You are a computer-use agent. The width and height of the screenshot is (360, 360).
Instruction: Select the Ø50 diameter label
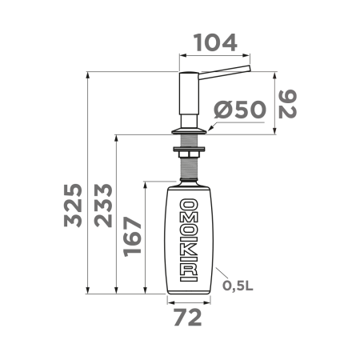pyautogui.click(x=240, y=110)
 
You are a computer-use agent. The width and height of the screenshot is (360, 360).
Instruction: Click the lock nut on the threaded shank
pyautogui.click(x=189, y=149)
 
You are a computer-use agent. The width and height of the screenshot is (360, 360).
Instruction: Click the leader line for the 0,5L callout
pyautogui.click(x=222, y=275)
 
